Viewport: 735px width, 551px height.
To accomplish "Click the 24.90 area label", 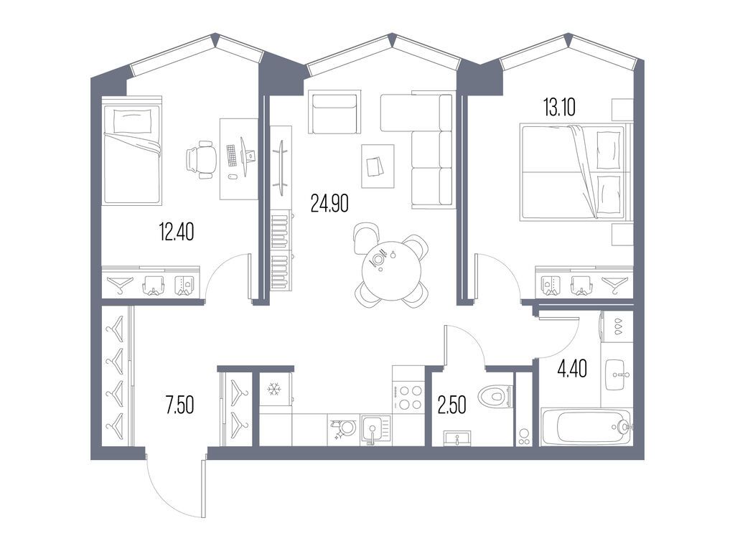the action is point(329,203).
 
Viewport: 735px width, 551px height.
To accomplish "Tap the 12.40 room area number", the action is point(177,232).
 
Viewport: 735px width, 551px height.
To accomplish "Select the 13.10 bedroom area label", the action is point(558,108).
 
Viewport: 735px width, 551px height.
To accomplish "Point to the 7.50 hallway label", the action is point(179,405).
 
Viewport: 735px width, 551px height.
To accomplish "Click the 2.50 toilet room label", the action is point(452,405).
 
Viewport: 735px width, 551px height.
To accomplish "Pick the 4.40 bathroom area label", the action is point(572,368).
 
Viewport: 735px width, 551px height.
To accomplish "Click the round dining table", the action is point(391,270).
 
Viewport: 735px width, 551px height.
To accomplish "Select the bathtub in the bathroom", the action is point(586,427).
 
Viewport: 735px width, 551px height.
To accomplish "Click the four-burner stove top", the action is point(408,397).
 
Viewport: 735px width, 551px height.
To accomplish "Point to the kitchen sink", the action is point(375,430).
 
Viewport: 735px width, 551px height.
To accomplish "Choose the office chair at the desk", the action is point(201,159).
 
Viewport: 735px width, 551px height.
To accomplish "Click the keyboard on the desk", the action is point(232,155).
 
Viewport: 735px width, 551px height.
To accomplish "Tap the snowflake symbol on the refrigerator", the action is point(273,389).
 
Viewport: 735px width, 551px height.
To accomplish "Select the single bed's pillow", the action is point(133,121).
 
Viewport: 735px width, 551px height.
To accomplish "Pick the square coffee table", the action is point(378,166).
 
